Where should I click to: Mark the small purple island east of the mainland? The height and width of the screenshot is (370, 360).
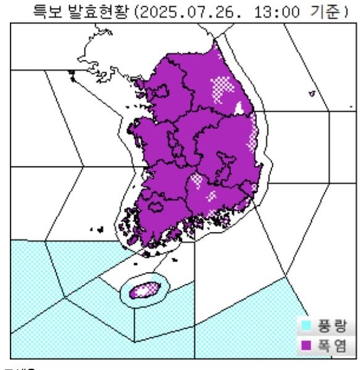click(x=312, y=94)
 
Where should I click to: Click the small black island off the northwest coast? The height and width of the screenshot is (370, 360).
click(x=72, y=76)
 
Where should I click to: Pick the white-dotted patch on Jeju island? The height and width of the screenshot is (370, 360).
click(x=148, y=287)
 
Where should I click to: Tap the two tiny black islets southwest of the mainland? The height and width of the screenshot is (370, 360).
click(x=96, y=230)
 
